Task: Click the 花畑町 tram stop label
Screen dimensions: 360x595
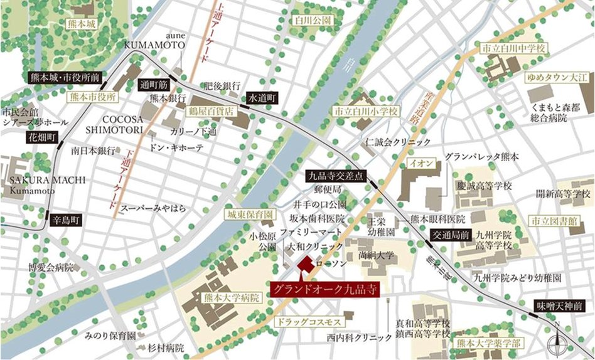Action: pos(42,136)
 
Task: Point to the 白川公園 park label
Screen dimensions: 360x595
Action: pos(313,20)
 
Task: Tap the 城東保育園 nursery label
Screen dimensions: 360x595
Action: pos(250,214)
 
